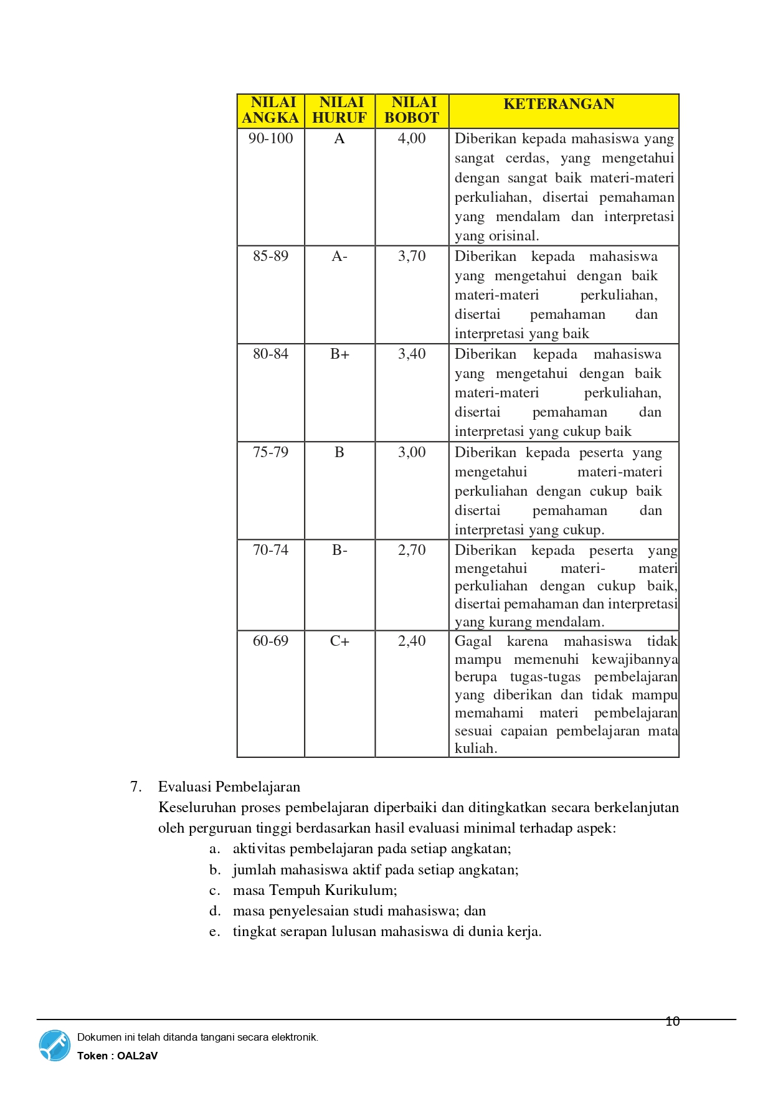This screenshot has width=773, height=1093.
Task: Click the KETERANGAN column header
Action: coord(559,104)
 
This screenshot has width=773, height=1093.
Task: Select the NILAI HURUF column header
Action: coord(339,110)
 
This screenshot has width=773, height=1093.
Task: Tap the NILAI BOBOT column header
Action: coord(412,110)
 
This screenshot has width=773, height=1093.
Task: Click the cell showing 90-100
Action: coord(270,138)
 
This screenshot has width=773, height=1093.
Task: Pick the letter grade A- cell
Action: coord(339,256)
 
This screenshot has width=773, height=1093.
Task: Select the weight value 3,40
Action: coord(412,354)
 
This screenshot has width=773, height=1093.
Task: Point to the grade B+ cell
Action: coord(339,354)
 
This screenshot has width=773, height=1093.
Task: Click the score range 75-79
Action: coord(270,452)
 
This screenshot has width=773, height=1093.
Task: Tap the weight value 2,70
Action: coord(412,550)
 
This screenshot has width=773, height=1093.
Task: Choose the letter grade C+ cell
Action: coord(339,641)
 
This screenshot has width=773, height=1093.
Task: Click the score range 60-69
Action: coord(270,641)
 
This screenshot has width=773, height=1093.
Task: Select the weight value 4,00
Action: coord(412,138)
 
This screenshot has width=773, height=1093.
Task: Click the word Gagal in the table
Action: coord(473,641)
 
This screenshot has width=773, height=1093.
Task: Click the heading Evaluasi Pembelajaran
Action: coord(229,787)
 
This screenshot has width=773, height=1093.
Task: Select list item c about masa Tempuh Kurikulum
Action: coord(315,890)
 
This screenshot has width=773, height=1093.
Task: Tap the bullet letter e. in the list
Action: coord(214,932)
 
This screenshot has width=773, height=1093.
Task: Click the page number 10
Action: coord(672,1021)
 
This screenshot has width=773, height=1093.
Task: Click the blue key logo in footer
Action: coord(55,1045)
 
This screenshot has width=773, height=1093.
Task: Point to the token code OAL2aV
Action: coord(137,1056)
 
